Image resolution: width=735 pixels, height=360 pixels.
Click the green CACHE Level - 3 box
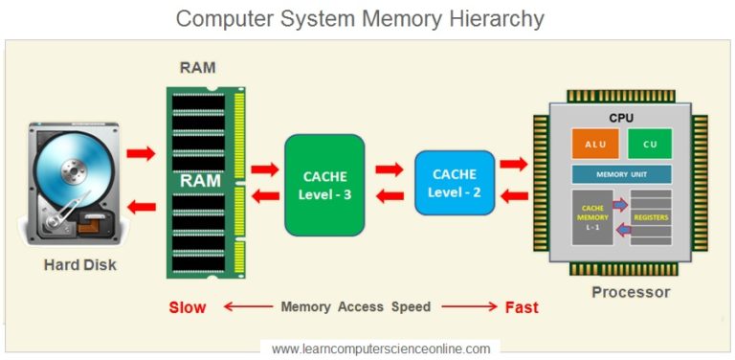pyautogui.click(x=324, y=185)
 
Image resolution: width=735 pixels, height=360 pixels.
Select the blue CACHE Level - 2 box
pyautogui.click(x=455, y=183)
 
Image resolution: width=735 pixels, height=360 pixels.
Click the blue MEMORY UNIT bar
pyautogui.click(x=621, y=175)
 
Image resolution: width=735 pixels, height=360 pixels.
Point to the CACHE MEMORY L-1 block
pyautogui.click(x=592, y=217)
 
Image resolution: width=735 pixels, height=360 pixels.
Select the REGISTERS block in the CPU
pyautogui.click(x=651, y=217)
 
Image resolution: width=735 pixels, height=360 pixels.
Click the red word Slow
pyautogui.click(x=188, y=307)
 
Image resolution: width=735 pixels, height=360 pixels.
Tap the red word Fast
pyautogui.click(x=522, y=307)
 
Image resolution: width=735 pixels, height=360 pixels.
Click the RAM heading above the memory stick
pyautogui.click(x=197, y=68)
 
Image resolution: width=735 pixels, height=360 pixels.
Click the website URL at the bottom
pyautogui.click(x=381, y=349)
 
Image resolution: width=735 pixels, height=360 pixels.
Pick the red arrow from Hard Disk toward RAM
pyautogui.click(x=141, y=153)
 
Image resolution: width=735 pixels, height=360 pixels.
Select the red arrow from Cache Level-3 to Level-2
pyautogui.click(x=389, y=170)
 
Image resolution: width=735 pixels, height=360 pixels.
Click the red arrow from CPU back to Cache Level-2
pyautogui.click(x=514, y=196)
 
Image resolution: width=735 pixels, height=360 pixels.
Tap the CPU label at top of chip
pyautogui.click(x=621, y=117)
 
